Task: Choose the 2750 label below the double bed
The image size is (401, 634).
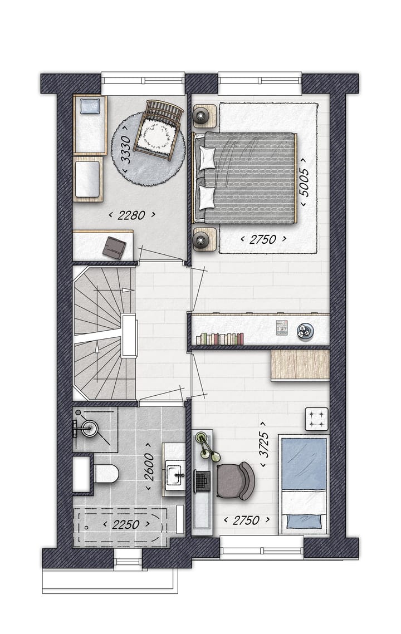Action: coord(263,239)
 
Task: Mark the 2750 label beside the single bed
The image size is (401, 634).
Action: coord(246,520)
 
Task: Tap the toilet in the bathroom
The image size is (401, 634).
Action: coord(106,474)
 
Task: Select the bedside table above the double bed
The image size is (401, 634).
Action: coord(204,116)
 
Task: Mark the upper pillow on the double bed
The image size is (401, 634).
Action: coord(208,158)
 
